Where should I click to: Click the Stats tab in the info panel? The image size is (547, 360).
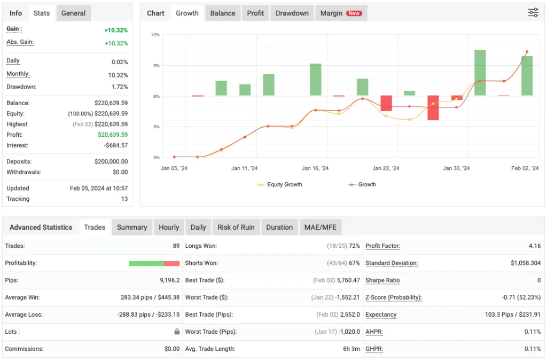pyautogui.click(x=42, y=13)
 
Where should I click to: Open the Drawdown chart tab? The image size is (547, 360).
pyautogui.click(x=292, y=13)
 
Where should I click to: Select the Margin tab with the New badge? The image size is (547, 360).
pyautogui.click(x=340, y=13)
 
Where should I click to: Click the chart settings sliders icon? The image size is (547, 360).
pyautogui.click(x=533, y=13)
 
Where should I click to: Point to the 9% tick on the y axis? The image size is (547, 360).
pyautogui.click(x=156, y=66)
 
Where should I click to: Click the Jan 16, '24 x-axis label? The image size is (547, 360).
pyautogui.click(x=315, y=168)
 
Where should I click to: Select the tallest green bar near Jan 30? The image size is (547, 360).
pyautogui.click(x=480, y=73)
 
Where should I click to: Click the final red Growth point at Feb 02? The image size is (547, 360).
pyautogui.click(x=527, y=52)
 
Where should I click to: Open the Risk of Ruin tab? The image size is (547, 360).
pyautogui.click(x=236, y=227)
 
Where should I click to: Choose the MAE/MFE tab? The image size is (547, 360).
pyautogui.click(x=320, y=227)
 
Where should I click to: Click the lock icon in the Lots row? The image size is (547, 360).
pyautogui.click(x=177, y=332)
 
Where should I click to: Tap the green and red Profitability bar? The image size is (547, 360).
pyautogui.click(x=154, y=263)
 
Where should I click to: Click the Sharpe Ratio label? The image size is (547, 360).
pyautogui.click(x=382, y=280)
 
